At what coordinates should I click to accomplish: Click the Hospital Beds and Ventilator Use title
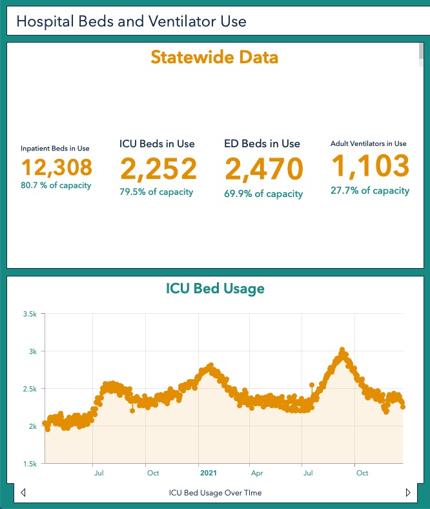131,21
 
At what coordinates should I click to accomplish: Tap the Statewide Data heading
214,57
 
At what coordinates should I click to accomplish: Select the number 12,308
57,167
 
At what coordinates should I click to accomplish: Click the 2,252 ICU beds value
158,169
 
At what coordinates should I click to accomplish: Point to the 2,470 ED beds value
263,169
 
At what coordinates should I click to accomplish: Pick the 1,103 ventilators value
371,167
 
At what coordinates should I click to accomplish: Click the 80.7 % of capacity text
57,185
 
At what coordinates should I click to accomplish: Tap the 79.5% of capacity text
156,192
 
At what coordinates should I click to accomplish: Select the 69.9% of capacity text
263,194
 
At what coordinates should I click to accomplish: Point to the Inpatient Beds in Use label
55,148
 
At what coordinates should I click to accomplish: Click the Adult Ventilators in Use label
368,143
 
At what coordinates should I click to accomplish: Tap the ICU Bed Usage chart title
214,288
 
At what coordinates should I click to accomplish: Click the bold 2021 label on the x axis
209,473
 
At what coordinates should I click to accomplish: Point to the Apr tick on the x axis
257,473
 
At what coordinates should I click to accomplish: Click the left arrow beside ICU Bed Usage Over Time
23,493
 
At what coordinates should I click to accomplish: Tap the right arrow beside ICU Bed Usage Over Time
407,493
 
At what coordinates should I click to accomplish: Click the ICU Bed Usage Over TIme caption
215,493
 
